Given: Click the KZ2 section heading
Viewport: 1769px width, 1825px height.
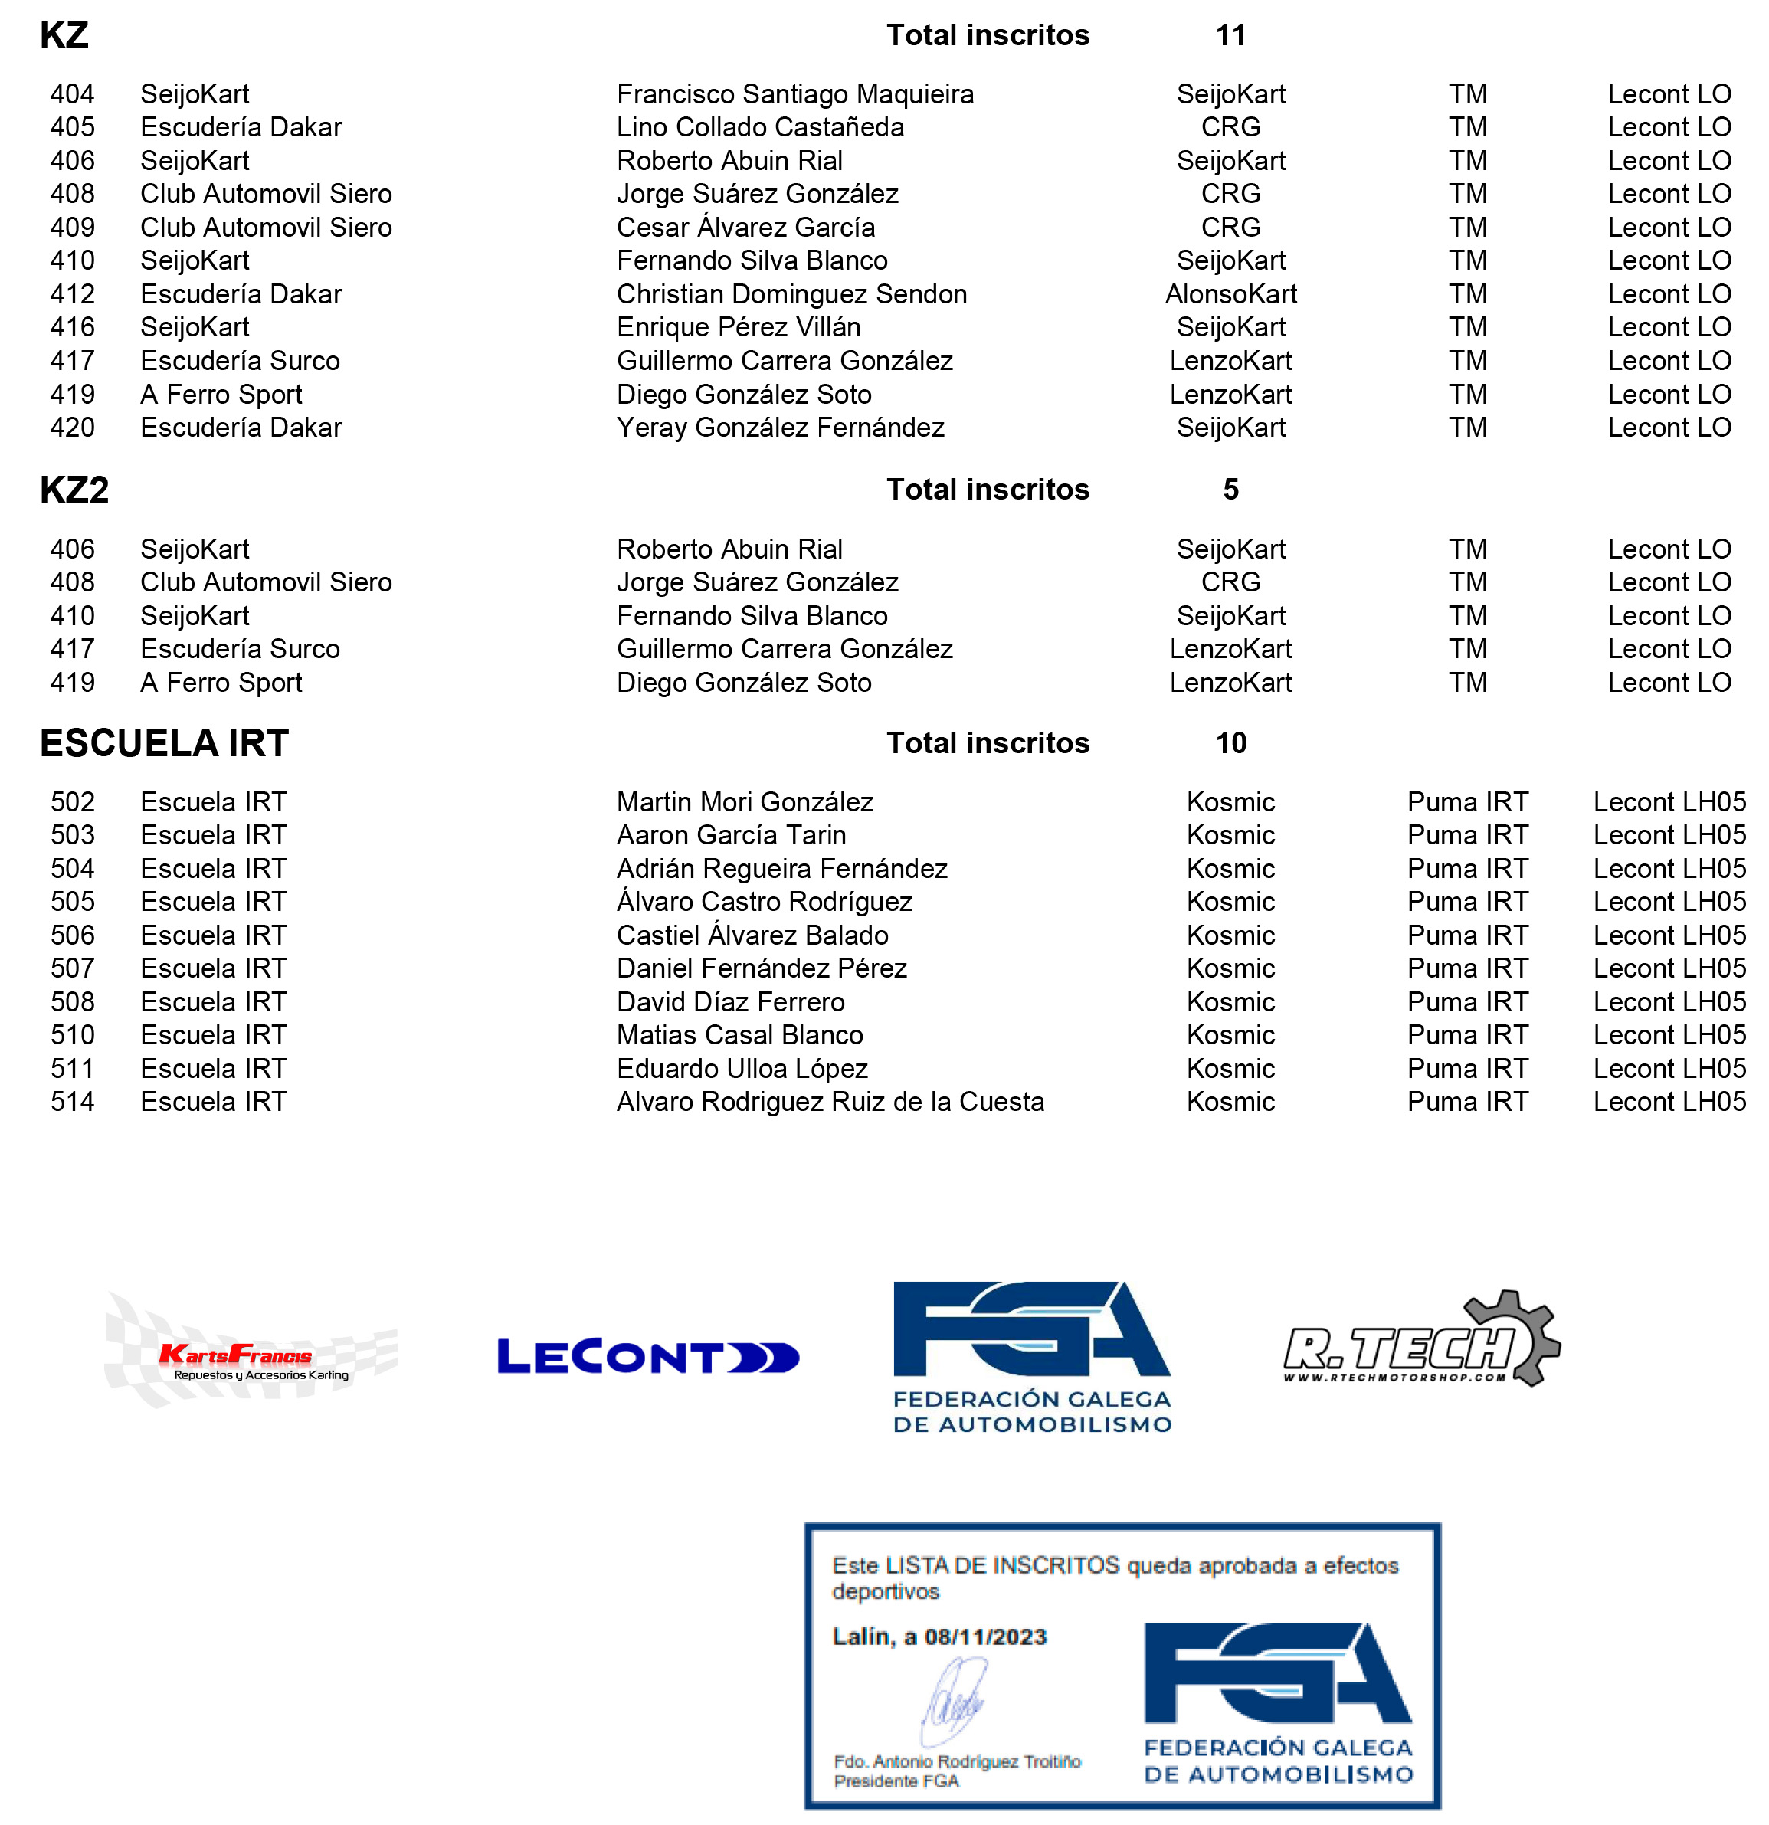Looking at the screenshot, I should click(x=74, y=490).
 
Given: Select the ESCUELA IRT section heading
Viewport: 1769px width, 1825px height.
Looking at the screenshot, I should click(x=164, y=743).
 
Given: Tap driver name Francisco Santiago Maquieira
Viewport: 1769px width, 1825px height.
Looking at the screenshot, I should click(x=794, y=94).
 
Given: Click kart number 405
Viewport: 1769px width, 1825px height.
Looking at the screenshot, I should click(x=73, y=127).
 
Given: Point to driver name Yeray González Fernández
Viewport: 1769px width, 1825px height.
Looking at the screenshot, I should click(x=779, y=428).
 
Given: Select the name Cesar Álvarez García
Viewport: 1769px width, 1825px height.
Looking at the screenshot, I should click(x=745, y=228).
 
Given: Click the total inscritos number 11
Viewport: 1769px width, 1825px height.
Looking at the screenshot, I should click(x=1230, y=35).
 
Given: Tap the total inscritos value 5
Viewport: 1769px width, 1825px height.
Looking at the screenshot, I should click(x=1230, y=490).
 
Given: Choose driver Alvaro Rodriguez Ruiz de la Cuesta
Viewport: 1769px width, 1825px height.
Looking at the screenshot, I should click(x=830, y=1102).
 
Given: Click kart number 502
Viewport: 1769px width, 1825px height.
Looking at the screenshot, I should click(x=73, y=801).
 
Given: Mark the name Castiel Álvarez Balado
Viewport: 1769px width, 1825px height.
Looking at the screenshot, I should click(x=752, y=935).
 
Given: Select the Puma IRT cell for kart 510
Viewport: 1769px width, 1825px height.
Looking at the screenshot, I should click(x=1466, y=1035).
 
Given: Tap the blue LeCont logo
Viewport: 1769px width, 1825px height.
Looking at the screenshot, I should click(x=647, y=1357).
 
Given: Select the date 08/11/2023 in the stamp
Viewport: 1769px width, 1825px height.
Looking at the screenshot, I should click(x=984, y=1637).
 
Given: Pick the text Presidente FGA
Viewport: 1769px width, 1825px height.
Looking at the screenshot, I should click(x=896, y=1781).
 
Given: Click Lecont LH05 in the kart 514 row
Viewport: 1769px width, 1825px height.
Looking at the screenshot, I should click(x=1669, y=1102).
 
